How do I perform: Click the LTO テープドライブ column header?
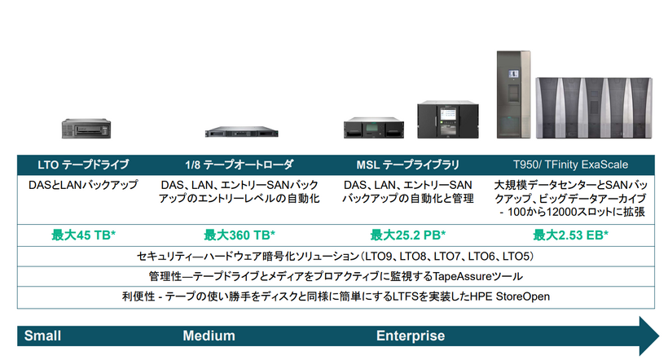click(x=84, y=164)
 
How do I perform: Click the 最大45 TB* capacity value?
click(x=84, y=235)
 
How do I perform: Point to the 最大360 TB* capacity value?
click(x=240, y=235)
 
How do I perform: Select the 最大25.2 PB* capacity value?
click(x=407, y=235)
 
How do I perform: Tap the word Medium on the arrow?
click(x=209, y=336)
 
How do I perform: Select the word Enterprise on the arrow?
click(x=411, y=336)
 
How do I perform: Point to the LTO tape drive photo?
click(x=85, y=129)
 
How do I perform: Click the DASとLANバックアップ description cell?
click(x=84, y=185)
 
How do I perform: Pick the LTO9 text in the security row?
click(x=363, y=256)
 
